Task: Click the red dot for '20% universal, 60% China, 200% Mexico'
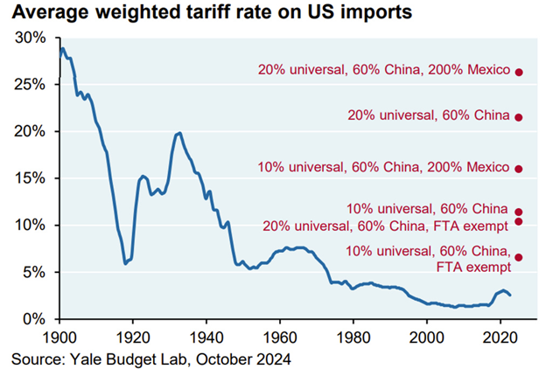point(519,72)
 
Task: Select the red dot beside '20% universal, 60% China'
point(519,117)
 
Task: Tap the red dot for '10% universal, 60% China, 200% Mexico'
point(519,168)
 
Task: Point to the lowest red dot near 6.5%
point(519,257)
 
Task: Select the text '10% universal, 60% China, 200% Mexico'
point(383,167)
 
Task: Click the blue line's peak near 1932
point(178,133)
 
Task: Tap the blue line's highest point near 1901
point(62,49)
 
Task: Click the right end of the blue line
point(511,295)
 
